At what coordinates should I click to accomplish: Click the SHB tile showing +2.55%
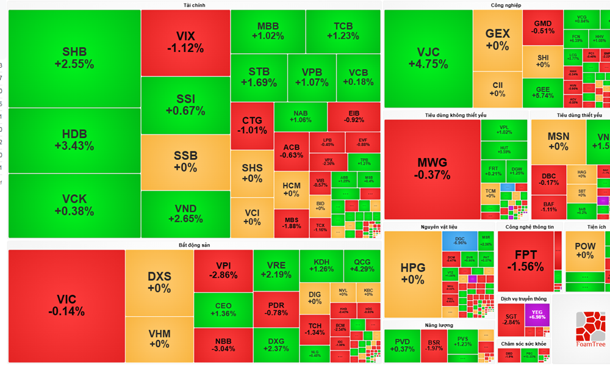(x=74, y=58)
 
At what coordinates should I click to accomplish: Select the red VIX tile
(x=185, y=42)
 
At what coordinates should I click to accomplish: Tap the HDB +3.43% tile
(x=74, y=140)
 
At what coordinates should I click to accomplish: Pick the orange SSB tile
(x=185, y=162)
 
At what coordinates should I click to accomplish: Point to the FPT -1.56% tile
(x=525, y=261)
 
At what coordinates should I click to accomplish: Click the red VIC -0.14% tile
(x=66, y=305)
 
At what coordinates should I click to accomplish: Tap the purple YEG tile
(x=537, y=314)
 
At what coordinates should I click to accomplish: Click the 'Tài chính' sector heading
(x=194, y=5)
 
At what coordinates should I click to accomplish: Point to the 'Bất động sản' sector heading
(x=194, y=245)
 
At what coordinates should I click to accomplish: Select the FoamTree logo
(x=589, y=329)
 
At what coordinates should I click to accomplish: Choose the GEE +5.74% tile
(x=543, y=92)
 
